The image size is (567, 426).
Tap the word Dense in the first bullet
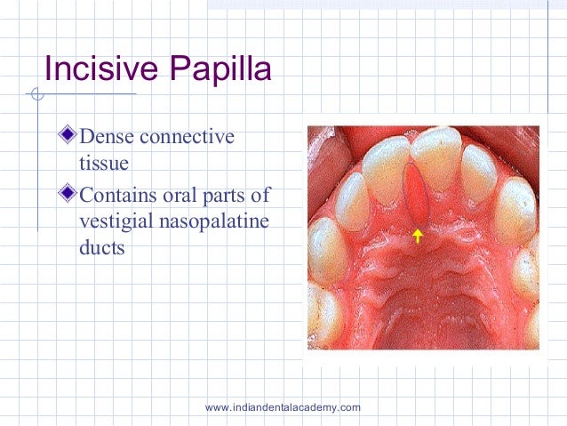tap(104, 137)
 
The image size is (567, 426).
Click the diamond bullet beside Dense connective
tap(70, 136)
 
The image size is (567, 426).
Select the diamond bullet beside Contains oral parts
tap(70, 193)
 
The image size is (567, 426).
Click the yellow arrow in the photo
tap(417, 235)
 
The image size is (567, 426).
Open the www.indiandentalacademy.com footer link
tap(283, 407)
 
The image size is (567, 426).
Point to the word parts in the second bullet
tap(222, 195)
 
